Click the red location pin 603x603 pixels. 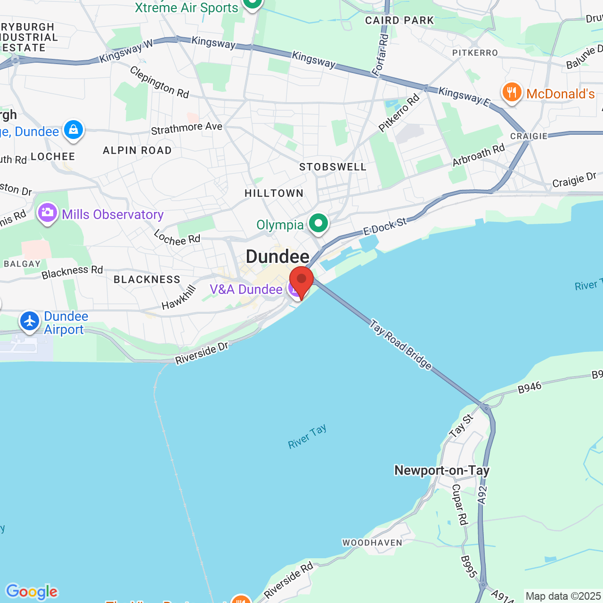[301, 280]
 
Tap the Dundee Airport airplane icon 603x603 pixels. [30, 321]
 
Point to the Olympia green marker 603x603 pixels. [318, 223]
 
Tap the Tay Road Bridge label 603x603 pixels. [400, 345]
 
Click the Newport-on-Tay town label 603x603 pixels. [442, 470]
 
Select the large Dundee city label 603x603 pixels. [277, 257]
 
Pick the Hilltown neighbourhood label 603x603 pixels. [274, 193]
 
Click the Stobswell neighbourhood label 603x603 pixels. [333, 167]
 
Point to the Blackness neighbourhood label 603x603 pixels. [147, 279]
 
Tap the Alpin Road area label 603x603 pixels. [137, 151]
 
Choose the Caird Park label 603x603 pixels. [399, 20]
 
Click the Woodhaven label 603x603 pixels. [373, 543]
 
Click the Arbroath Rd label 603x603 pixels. [479, 155]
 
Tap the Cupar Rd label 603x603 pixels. [459, 504]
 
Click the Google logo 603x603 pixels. [32, 591]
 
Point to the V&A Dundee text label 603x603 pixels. [246, 289]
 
